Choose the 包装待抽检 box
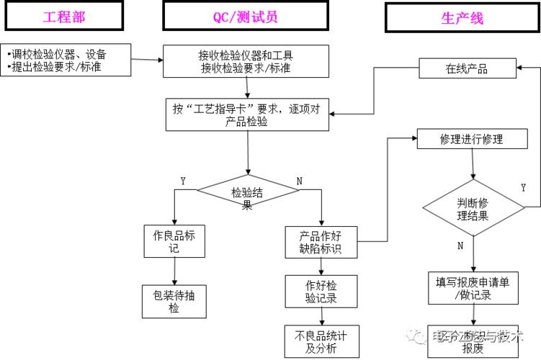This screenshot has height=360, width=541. [x=174, y=301]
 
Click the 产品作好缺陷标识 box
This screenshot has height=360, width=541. [x=321, y=243]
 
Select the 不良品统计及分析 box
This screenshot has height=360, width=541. [x=320, y=341]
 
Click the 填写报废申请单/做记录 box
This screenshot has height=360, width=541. [x=473, y=288]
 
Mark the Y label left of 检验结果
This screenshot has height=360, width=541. [x=183, y=181]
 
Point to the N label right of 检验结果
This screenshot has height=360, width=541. [x=299, y=181]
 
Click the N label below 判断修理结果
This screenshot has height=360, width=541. [x=460, y=246]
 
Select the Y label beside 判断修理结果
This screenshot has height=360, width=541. [x=523, y=188]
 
